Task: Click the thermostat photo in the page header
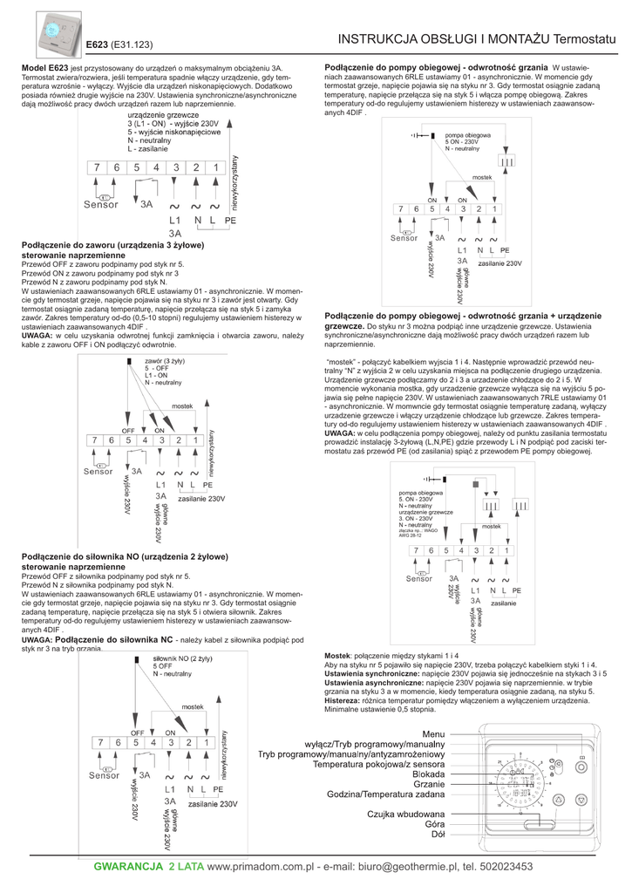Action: click(58, 32)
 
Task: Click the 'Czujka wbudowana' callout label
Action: click(406, 814)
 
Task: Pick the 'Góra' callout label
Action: click(434, 824)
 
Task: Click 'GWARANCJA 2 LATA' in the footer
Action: click(148, 867)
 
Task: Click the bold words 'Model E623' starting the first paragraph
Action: click(44, 66)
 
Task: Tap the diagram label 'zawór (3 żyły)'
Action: click(166, 360)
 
